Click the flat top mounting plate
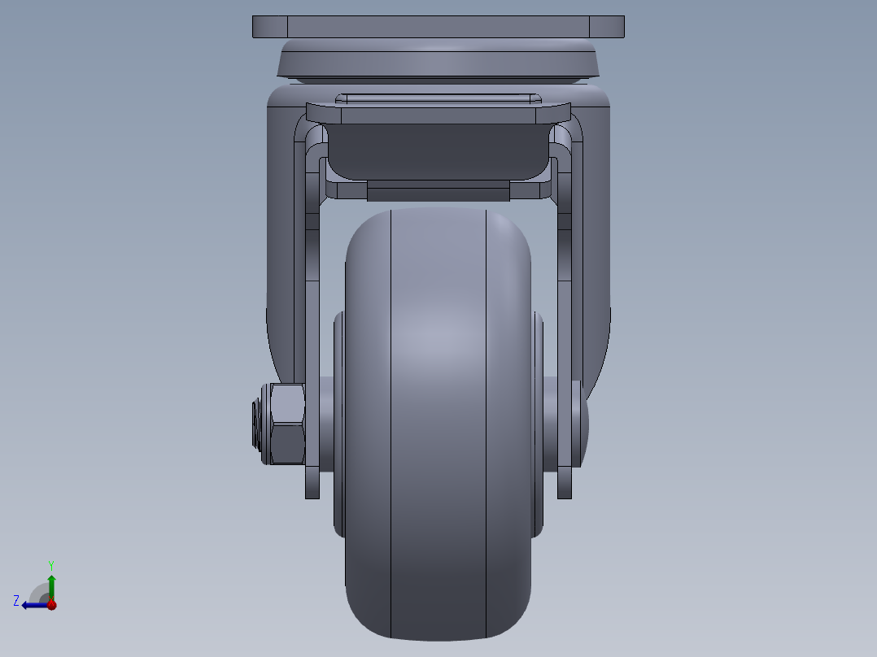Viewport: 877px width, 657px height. point(438,27)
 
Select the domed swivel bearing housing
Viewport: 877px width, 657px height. point(438,60)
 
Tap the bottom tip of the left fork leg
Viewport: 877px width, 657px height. point(312,491)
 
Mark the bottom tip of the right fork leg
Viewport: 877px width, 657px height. point(565,491)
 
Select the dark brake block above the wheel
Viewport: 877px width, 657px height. point(438,151)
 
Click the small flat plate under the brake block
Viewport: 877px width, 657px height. point(438,192)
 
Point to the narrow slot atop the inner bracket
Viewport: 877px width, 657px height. point(438,98)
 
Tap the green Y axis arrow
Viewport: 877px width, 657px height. point(51,584)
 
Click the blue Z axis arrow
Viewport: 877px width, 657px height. point(33,604)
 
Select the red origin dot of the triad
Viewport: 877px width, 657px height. point(51,604)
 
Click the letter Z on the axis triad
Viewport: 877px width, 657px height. point(16,600)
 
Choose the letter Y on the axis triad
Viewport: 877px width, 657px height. point(50,564)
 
